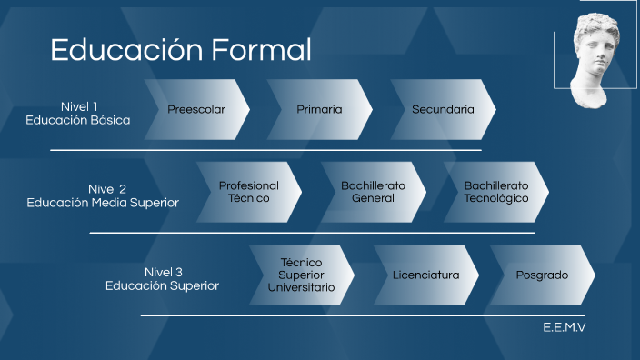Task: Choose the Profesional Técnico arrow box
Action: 248,192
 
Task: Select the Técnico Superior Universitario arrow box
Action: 301,275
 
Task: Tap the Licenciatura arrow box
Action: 425,275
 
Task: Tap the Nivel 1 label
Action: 79,105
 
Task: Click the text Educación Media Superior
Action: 103,203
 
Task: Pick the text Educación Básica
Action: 78,120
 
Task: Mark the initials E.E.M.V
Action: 565,327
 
